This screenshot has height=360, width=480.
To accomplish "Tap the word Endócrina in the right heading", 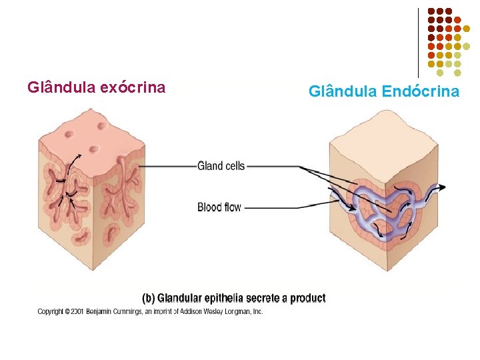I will [421, 91].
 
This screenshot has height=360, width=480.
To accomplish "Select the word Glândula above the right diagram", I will [342, 91].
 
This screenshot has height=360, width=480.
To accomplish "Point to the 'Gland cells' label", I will [221, 166].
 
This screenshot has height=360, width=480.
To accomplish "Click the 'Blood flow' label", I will [219, 207].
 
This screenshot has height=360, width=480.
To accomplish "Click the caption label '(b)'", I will [150, 298].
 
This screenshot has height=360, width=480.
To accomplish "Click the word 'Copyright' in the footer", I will [50, 311].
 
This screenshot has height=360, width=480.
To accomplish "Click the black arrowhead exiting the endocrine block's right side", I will [442, 186].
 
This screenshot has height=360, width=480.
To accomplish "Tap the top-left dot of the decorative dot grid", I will [431, 11].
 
